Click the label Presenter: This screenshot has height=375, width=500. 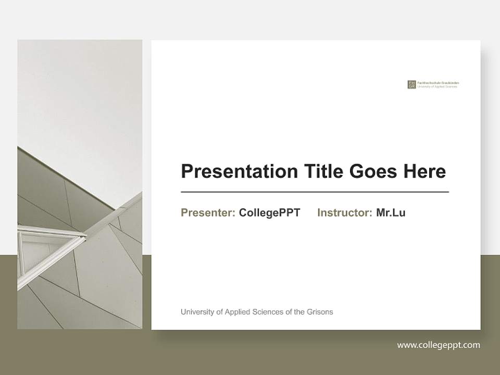point(208,213)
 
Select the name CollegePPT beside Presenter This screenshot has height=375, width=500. point(269,213)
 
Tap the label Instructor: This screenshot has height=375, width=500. point(344,213)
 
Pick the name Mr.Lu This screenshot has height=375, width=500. point(391,213)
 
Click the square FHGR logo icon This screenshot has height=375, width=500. point(411,84)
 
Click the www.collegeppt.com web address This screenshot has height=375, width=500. point(439,345)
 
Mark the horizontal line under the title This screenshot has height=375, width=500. point(315,192)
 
